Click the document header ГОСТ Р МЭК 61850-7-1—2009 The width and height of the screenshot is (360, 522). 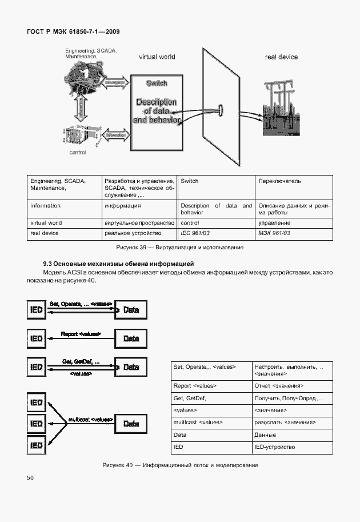[x=73, y=31]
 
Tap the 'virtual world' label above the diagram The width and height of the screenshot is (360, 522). [x=157, y=57]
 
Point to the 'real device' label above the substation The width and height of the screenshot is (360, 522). [x=281, y=57]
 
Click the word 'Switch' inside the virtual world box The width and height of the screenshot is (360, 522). [x=157, y=83]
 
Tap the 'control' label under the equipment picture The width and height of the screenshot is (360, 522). [x=78, y=153]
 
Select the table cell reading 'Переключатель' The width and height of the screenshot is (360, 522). [x=279, y=181]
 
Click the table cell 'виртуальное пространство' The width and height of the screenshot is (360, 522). [x=139, y=222]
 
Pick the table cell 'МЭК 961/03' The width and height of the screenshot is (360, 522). [x=274, y=233]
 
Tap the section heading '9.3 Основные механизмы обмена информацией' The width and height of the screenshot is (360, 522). [x=119, y=264]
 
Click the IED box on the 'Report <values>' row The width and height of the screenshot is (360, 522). [x=36, y=338]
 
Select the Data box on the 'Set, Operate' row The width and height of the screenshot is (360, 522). [x=131, y=310]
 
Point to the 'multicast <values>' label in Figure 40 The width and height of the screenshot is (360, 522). [x=90, y=419]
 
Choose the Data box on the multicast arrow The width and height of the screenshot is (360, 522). [x=131, y=424]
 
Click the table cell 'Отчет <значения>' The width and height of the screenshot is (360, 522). [x=279, y=386]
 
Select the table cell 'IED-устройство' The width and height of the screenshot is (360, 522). [x=275, y=447]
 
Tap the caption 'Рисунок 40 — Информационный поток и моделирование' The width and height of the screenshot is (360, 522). [x=180, y=465]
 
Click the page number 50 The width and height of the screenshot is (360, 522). [x=30, y=477]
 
